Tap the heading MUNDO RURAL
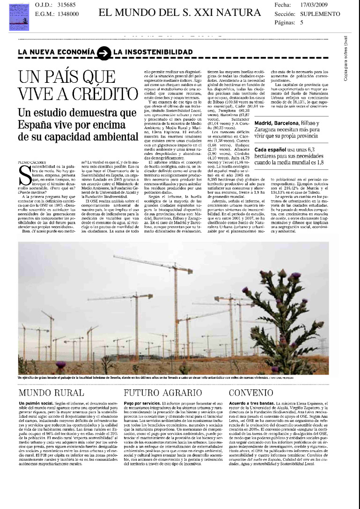click(51, 393)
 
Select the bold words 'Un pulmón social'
click(34, 403)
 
